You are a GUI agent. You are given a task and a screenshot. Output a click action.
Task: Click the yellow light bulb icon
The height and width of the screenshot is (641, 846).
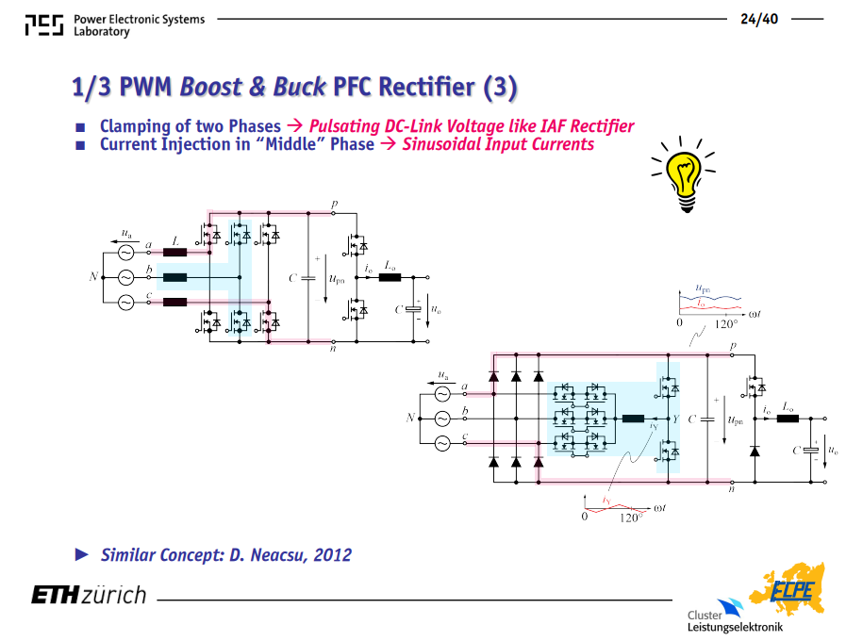(x=684, y=173)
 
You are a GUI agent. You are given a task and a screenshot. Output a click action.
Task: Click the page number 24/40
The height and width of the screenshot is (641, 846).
(x=759, y=19)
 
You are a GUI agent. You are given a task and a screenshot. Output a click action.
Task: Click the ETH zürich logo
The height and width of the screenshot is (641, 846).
(x=89, y=595)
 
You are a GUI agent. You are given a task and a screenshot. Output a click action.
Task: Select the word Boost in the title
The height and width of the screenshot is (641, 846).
(x=211, y=87)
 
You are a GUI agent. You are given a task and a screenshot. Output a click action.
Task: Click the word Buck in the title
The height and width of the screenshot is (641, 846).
(x=300, y=87)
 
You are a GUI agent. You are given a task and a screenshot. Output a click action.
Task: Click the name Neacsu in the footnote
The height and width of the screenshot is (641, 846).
(x=276, y=554)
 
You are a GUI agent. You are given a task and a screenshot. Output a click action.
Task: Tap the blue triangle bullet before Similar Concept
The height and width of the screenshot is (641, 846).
(x=82, y=554)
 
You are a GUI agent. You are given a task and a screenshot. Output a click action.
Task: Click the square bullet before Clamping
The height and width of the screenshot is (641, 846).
(x=80, y=127)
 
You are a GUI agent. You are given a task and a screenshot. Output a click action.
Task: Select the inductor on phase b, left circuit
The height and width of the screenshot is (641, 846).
(x=174, y=278)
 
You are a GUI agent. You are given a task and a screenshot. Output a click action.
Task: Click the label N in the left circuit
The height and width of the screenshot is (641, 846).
(x=93, y=276)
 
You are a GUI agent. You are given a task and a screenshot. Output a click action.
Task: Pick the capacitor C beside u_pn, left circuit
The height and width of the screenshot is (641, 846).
(x=308, y=278)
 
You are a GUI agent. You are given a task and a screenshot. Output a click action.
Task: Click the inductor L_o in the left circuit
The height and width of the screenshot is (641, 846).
(x=390, y=278)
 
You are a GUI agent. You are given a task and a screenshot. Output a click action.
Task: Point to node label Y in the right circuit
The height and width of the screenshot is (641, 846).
(x=676, y=419)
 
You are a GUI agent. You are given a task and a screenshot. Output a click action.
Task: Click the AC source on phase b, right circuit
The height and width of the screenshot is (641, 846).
(x=442, y=419)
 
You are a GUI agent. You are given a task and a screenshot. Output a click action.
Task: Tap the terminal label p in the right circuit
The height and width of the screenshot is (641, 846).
(x=733, y=346)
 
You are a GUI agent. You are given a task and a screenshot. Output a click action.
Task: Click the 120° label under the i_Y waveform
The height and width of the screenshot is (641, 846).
(x=631, y=518)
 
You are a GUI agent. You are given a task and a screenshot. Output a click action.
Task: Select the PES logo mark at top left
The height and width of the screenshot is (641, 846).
(x=44, y=25)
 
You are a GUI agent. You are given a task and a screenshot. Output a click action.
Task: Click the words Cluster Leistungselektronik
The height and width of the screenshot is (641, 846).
(x=735, y=621)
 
